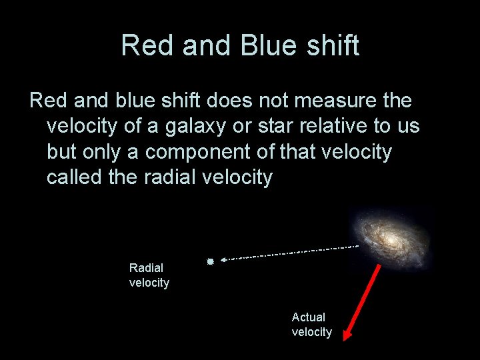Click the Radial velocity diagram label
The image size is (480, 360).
tap(149, 275)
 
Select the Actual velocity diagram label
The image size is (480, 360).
tap(311, 324)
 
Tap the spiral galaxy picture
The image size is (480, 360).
tap(391, 234)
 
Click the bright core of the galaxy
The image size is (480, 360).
tap(389, 236)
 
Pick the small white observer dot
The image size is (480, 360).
tap(209, 262)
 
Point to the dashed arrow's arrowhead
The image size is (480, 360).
tap(225, 259)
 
